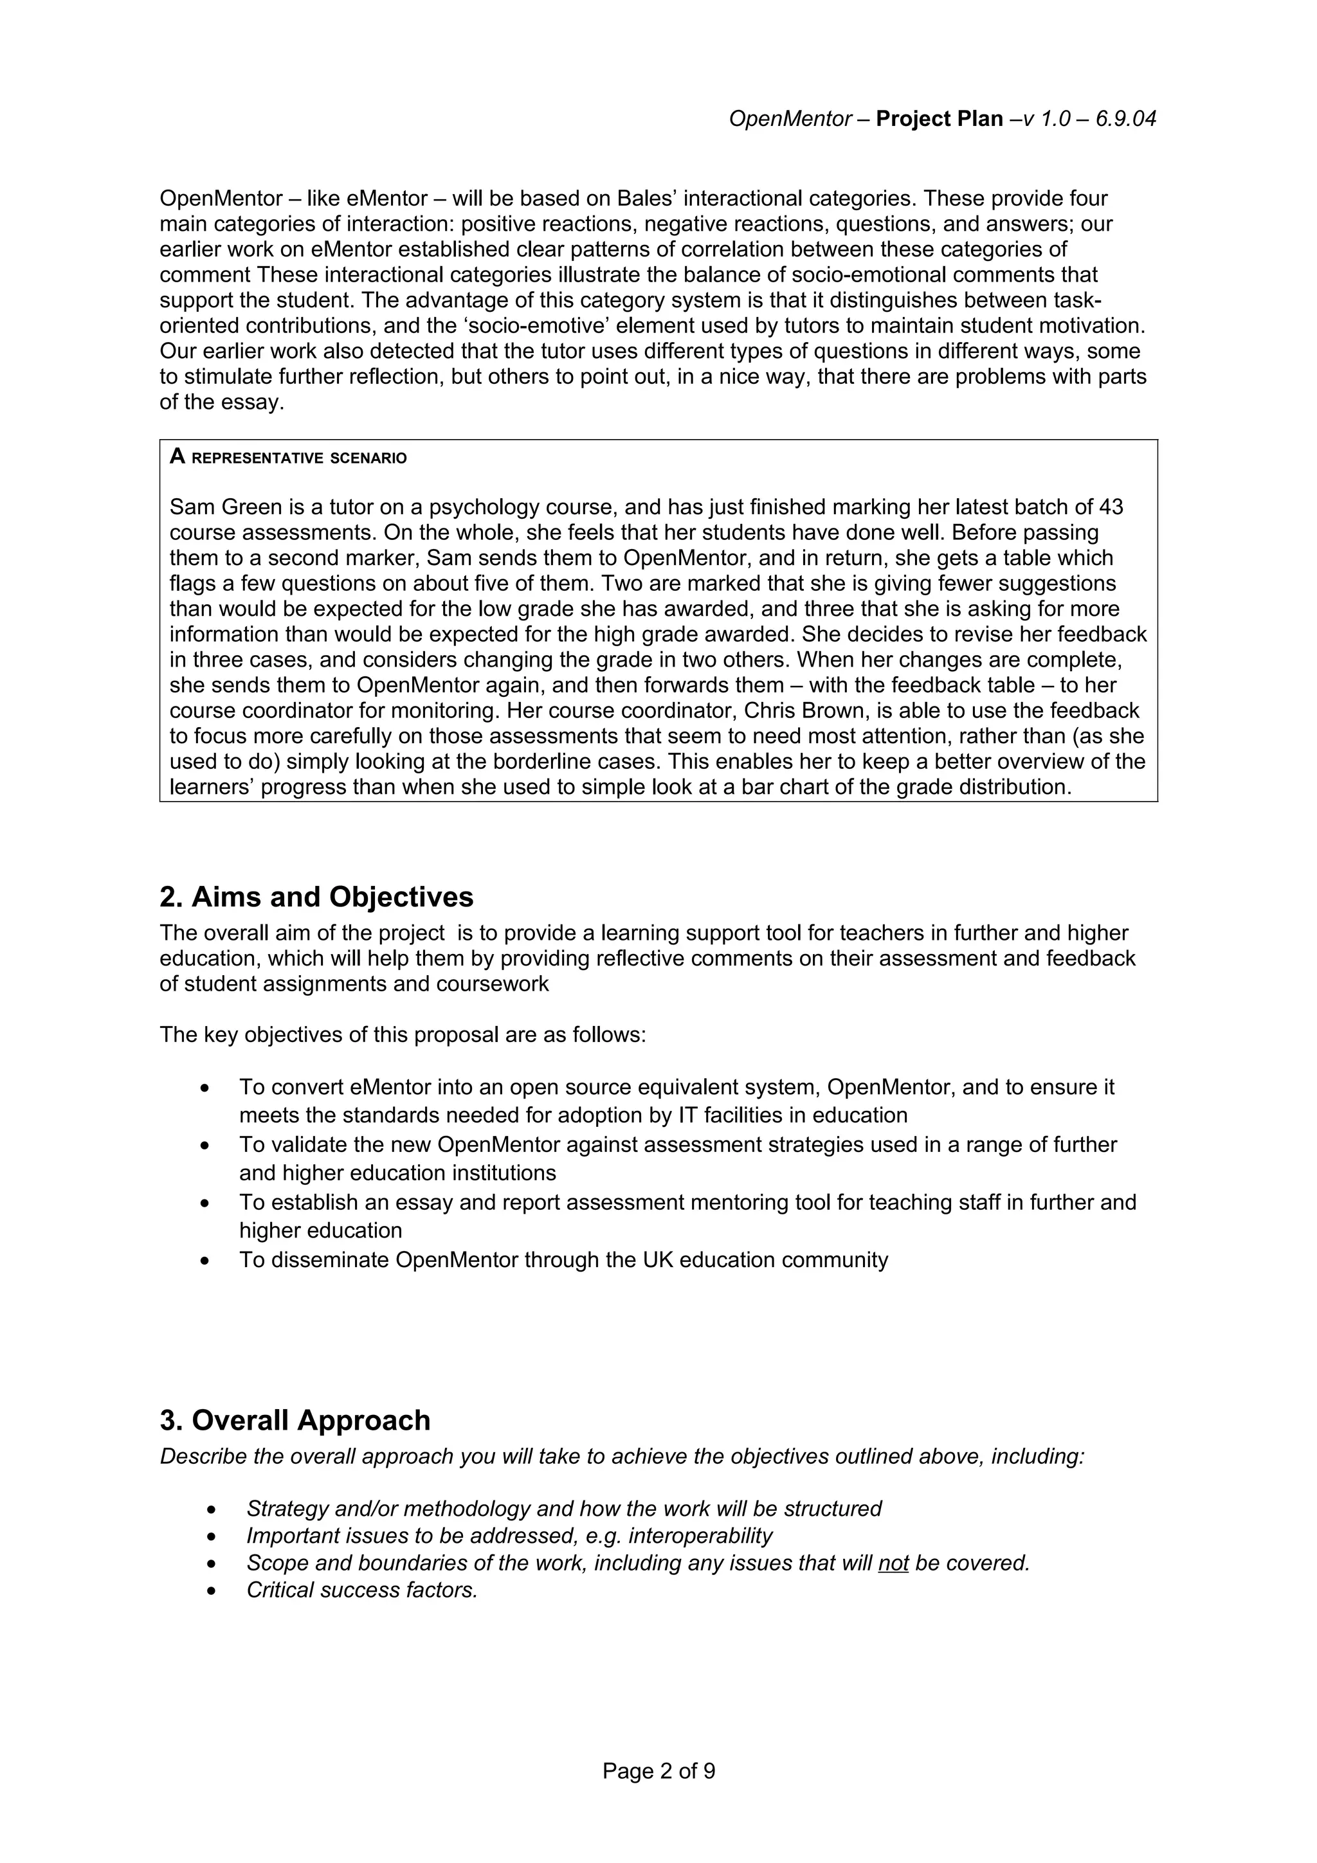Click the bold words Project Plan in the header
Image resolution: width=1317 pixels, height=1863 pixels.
[x=939, y=120]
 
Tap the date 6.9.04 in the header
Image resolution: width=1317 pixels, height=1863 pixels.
[x=1125, y=120]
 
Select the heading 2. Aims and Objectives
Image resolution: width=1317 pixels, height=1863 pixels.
[x=316, y=897]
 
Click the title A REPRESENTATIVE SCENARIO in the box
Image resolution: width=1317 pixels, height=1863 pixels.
[x=288, y=458]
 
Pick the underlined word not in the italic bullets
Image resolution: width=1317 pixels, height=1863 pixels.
[x=893, y=1563]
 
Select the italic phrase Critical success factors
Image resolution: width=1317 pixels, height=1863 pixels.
[x=362, y=1590]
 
